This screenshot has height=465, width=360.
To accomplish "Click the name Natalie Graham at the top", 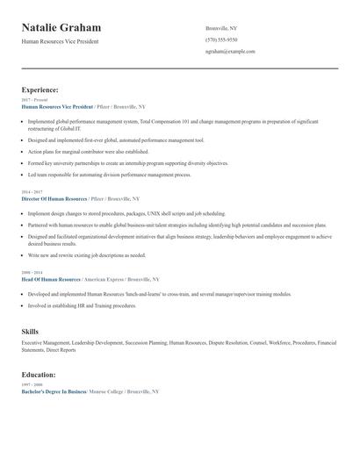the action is click(61, 28).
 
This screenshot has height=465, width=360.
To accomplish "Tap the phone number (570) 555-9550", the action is click(221, 39).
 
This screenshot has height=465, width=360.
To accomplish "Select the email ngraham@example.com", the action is click(230, 52).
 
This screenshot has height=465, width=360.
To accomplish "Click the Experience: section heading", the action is click(40, 89).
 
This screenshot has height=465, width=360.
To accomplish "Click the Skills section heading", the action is click(30, 331).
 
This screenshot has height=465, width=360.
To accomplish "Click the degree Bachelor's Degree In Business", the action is click(54, 391).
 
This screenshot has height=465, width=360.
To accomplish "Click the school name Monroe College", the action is click(108, 391).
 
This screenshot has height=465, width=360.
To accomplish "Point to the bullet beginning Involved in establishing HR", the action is click(82, 306).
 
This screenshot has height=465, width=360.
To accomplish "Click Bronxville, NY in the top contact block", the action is click(221, 28).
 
